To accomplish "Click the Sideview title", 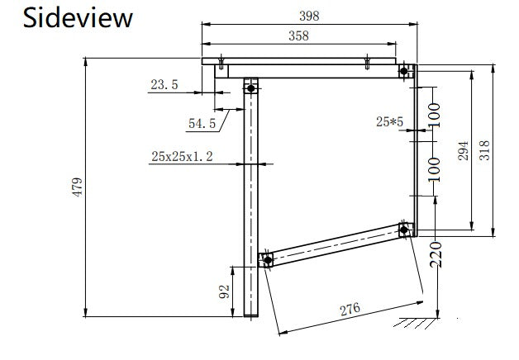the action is pyautogui.click(x=78, y=18).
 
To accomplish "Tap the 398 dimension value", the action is pyautogui.click(x=309, y=16).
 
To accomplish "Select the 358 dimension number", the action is pyautogui.click(x=298, y=36).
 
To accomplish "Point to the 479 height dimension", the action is pyautogui.click(x=78, y=187).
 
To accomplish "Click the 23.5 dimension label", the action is pyautogui.click(x=164, y=84).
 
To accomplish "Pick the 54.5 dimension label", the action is pyautogui.click(x=202, y=123).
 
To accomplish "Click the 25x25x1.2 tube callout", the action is pyautogui.click(x=182, y=156).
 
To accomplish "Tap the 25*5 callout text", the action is pyautogui.click(x=389, y=121).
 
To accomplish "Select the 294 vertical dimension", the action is pyautogui.click(x=463, y=150).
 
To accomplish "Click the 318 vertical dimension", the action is pyautogui.click(x=484, y=150).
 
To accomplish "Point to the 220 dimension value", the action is pyautogui.click(x=436, y=254).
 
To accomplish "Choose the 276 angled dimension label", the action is pyautogui.click(x=350, y=309).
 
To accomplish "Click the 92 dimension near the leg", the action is pyautogui.click(x=224, y=291).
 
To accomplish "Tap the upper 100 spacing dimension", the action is pyautogui.click(x=434, y=116).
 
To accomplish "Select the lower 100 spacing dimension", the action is pyautogui.click(x=434, y=169).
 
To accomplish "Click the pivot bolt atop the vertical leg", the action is pyautogui.click(x=251, y=88).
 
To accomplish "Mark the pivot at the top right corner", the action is pyautogui.click(x=404, y=71).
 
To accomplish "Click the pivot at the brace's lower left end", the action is pyautogui.click(x=268, y=260).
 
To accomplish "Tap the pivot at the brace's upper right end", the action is pyautogui.click(x=404, y=230).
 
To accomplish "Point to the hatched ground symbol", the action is pyautogui.click(x=416, y=323).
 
